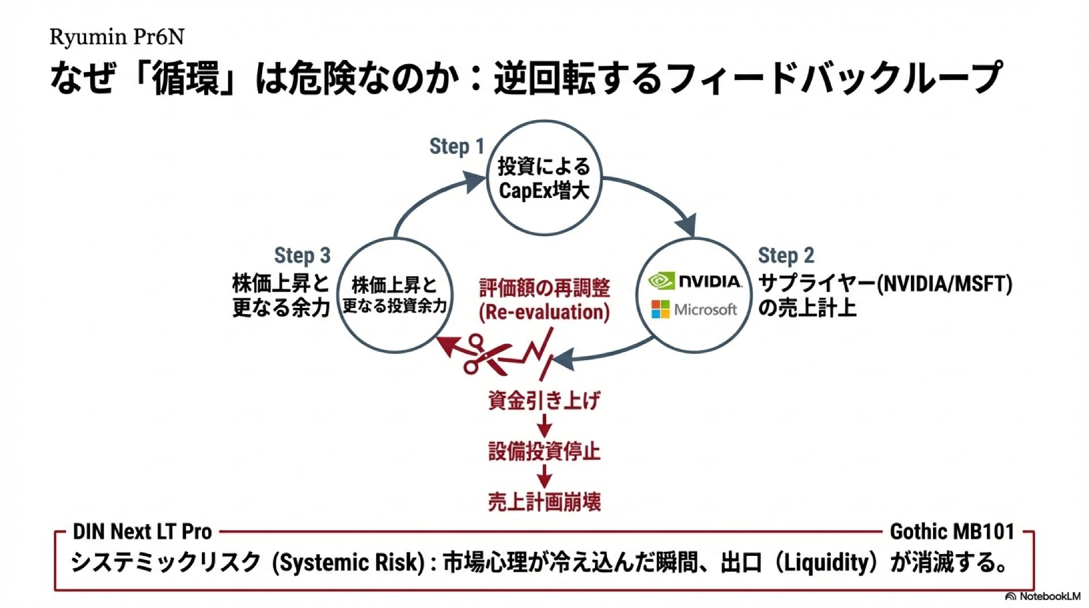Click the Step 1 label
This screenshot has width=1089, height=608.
click(457, 146)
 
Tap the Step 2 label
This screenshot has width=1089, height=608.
click(786, 256)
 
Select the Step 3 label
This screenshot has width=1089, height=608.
click(302, 256)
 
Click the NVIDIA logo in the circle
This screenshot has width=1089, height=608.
click(695, 281)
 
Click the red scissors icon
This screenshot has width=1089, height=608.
click(482, 354)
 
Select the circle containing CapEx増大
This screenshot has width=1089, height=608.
click(544, 178)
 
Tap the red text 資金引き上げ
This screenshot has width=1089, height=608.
click(544, 401)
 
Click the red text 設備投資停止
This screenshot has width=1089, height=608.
click(544, 451)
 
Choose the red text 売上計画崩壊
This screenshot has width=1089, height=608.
click(544, 502)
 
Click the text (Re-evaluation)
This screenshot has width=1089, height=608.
click(544, 313)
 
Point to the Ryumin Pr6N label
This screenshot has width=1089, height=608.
click(117, 37)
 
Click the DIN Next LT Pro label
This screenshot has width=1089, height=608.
click(142, 532)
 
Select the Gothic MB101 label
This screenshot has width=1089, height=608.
click(952, 532)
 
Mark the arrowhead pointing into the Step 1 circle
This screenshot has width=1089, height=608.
click(474, 181)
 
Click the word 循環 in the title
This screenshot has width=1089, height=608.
click(185, 78)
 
